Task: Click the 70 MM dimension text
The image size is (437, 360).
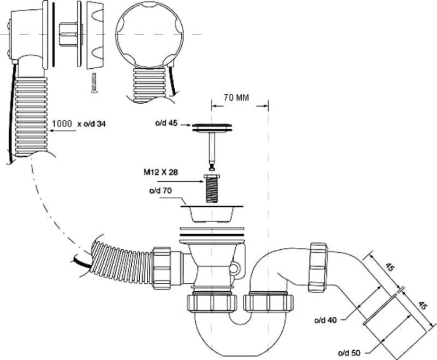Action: tap(235, 97)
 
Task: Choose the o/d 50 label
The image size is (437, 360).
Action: tap(351, 352)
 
